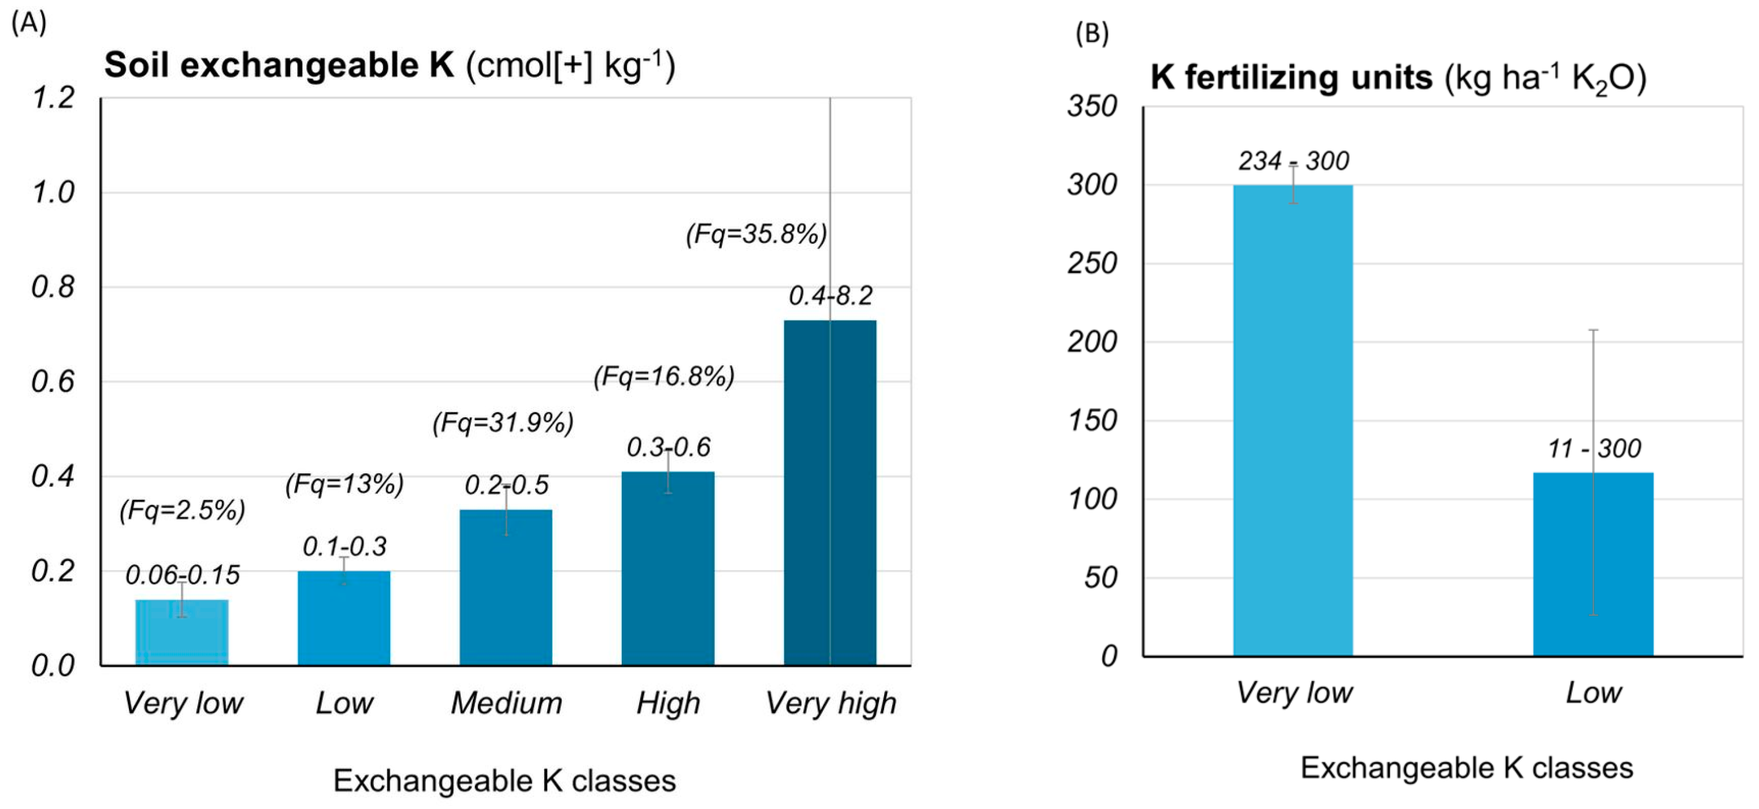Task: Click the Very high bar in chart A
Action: point(830,492)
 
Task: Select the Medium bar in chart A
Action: point(505,587)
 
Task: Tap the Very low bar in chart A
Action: point(181,632)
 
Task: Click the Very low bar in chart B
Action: point(1293,420)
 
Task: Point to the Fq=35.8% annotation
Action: point(756,234)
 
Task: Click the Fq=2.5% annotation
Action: point(181,510)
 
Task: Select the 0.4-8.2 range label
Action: point(830,296)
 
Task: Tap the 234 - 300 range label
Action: point(1293,161)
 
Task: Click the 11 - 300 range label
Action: point(1594,448)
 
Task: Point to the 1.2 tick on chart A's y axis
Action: point(53,98)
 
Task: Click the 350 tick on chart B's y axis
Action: point(1092,106)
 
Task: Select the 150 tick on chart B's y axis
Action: point(1092,421)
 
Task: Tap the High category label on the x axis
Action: point(668,703)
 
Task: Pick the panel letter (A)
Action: point(29,23)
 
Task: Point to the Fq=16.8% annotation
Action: point(664,376)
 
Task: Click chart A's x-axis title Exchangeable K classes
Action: point(504,780)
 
